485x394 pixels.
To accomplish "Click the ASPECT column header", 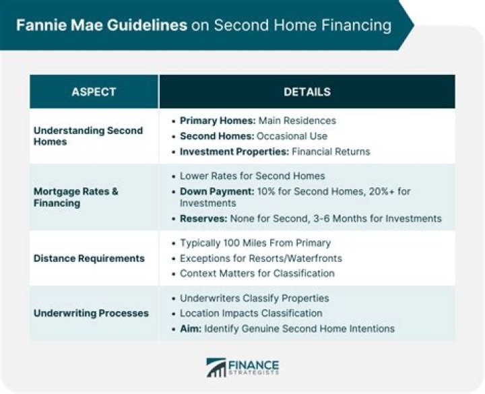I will click(94, 92).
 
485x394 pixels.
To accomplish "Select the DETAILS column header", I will click(306, 92).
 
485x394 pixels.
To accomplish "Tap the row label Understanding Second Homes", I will click(88, 136).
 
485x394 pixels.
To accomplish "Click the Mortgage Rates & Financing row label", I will click(76, 197).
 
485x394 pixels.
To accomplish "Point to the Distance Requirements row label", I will click(89, 258).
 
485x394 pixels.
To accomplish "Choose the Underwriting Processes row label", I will click(91, 313).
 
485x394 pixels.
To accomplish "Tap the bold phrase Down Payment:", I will click(216, 191).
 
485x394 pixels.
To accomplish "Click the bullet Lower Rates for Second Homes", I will click(252, 176).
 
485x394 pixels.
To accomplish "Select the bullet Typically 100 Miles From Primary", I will click(255, 242).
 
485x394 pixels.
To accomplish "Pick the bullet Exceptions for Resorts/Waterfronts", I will click(261, 258).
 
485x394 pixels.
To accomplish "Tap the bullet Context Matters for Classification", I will click(257, 273).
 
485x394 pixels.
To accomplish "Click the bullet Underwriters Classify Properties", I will click(254, 298).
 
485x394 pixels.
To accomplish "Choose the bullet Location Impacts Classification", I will click(251, 313).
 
